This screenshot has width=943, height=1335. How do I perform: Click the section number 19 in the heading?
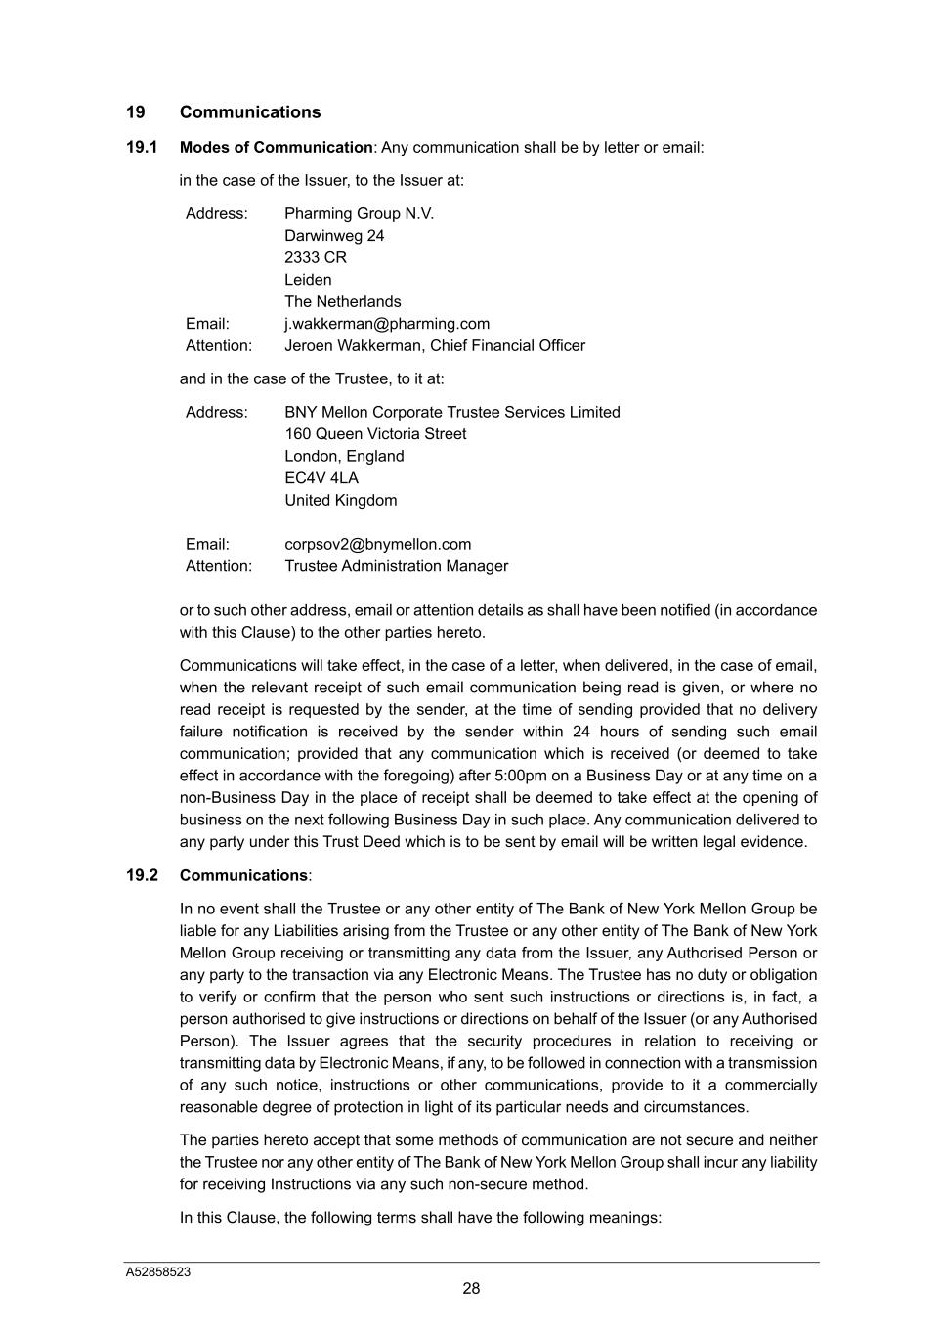[x=135, y=112]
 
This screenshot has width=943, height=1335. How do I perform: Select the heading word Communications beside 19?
[x=250, y=112]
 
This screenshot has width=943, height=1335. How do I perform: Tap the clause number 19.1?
[x=142, y=148]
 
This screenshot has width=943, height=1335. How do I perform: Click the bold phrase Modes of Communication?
[x=277, y=148]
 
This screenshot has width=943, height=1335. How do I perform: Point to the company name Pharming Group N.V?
[x=359, y=214]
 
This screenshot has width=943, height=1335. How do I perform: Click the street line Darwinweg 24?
[x=334, y=236]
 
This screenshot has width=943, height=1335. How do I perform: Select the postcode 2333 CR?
[x=316, y=258]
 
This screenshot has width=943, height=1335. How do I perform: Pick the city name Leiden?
[x=308, y=280]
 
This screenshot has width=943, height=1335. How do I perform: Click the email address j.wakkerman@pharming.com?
[x=387, y=324]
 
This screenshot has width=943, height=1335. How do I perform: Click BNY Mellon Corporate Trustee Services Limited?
[x=452, y=413]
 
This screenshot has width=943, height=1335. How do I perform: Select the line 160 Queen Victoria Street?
[x=375, y=434]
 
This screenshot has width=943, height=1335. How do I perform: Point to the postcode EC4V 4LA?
[x=321, y=478]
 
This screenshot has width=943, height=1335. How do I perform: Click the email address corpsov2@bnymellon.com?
[x=378, y=545]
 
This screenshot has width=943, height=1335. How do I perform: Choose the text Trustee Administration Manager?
[x=396, y=566]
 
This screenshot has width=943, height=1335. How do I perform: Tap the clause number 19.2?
[x=142, y=875]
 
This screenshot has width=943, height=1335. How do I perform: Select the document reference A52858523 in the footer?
[x=158, y=1272]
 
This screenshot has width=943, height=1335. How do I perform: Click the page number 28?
[x=471, y=1289]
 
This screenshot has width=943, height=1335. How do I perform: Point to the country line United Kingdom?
[x=341, y=501]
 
